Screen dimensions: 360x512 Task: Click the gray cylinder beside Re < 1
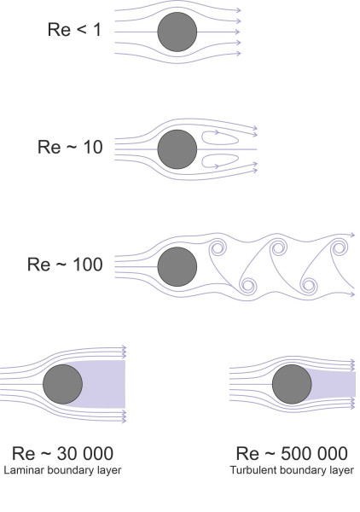(x=177, y=32)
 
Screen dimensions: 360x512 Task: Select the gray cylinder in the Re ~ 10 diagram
(x=177, y=149)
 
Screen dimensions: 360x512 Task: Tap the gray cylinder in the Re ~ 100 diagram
(x=177, y=267)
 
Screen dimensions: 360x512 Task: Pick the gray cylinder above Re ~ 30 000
(x=62, y=384)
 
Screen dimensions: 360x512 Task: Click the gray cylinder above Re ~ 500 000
(x=292, y=384)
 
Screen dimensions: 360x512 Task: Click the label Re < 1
(x=74, y=30)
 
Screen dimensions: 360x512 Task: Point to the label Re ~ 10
(x=70, y=147)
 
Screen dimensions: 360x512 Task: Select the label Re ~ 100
(x=65, y=265)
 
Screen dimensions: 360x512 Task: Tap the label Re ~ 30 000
(x=62, y=453)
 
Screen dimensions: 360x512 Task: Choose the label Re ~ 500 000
(x=292, y=453)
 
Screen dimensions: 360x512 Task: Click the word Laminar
(x=25, y=470)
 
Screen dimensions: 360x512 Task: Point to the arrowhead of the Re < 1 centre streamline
(x=237, y=32)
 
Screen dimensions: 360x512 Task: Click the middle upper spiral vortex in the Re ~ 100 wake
(x=278, y=247)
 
